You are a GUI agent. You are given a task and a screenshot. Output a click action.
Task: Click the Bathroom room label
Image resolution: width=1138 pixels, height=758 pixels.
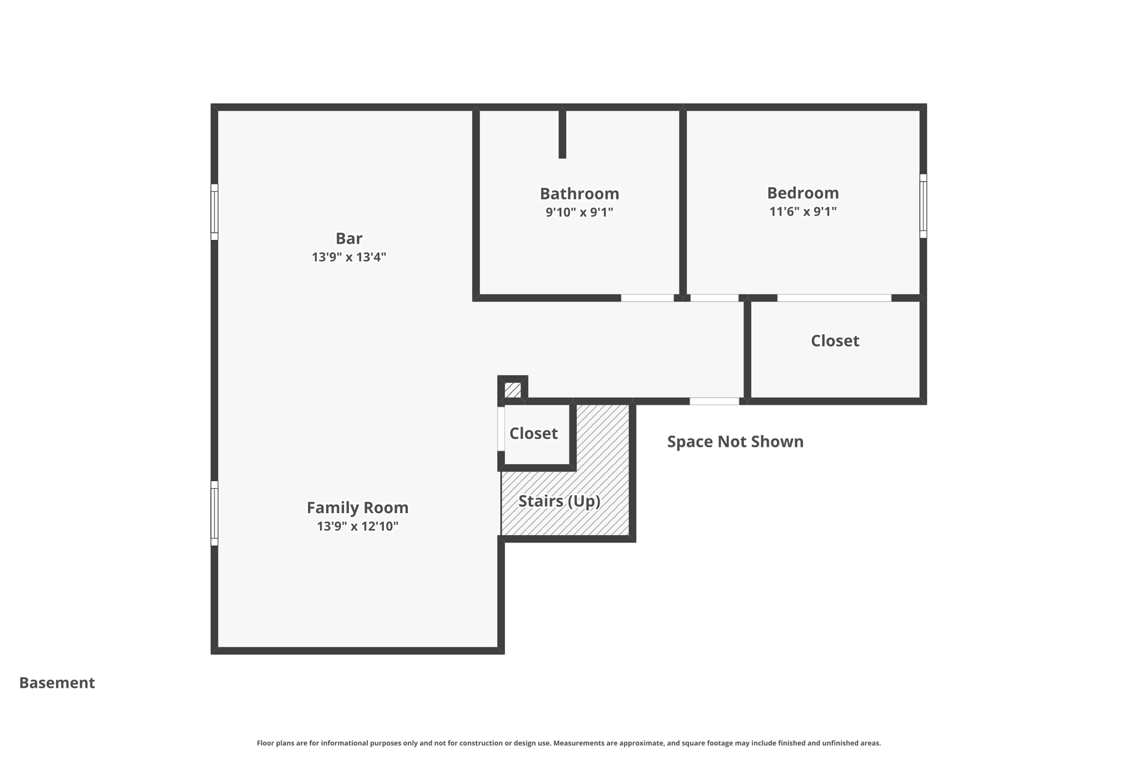click(x=579, y=193)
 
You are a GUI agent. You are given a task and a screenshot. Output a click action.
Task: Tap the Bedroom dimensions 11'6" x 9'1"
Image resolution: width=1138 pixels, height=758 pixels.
click(x=802, y=212)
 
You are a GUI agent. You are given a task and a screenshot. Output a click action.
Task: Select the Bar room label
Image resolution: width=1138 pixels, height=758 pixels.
click(x=348, y=238)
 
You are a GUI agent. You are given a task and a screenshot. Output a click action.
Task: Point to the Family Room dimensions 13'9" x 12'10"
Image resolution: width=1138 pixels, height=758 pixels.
click(x=357, y=526)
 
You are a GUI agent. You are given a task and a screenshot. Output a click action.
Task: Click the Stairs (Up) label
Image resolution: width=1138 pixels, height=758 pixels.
click(x=559, y=501)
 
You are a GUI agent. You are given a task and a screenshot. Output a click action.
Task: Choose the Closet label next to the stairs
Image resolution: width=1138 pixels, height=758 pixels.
click(x=533, y=433)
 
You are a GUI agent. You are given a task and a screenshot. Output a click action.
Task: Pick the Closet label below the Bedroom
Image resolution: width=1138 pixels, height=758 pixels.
click(x=835, y=340)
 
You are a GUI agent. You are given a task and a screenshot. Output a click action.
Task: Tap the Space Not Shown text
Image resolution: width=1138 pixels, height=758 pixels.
click(x=735, y=441)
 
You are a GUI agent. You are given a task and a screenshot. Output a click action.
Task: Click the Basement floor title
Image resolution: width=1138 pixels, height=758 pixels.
click(x=57, y=682)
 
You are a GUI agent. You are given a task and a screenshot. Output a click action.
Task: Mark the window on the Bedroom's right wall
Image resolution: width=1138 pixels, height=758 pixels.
click(x=923, y=206)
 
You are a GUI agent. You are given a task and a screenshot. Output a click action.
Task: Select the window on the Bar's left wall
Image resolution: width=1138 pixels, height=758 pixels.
click(x=214, y=212)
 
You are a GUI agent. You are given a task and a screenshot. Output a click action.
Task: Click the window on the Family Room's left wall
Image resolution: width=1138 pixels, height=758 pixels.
click(x=214, y=513)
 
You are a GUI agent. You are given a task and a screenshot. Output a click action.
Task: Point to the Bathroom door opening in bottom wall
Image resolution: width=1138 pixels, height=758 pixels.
click(x=647, y=298)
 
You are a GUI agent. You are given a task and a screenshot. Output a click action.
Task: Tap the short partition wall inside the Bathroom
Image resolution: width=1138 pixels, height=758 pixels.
click(x=562, y=133)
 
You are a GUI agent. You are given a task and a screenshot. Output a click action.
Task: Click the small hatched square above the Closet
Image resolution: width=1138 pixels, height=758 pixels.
click(x=512, y=390)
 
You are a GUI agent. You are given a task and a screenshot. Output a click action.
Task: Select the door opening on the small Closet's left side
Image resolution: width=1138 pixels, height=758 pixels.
click(x=501, y=429)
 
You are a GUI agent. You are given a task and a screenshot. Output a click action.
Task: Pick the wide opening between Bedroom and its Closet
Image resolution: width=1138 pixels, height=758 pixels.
click(x=833, y=298)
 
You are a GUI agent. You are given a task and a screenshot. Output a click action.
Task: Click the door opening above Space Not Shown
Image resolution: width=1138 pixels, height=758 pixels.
click(x=714, y=401)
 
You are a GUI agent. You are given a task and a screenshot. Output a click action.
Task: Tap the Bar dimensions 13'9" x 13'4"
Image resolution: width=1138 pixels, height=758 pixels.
click(x=348, y=257)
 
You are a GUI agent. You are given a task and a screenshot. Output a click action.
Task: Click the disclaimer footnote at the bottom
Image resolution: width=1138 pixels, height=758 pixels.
click(x=568, y=743)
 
